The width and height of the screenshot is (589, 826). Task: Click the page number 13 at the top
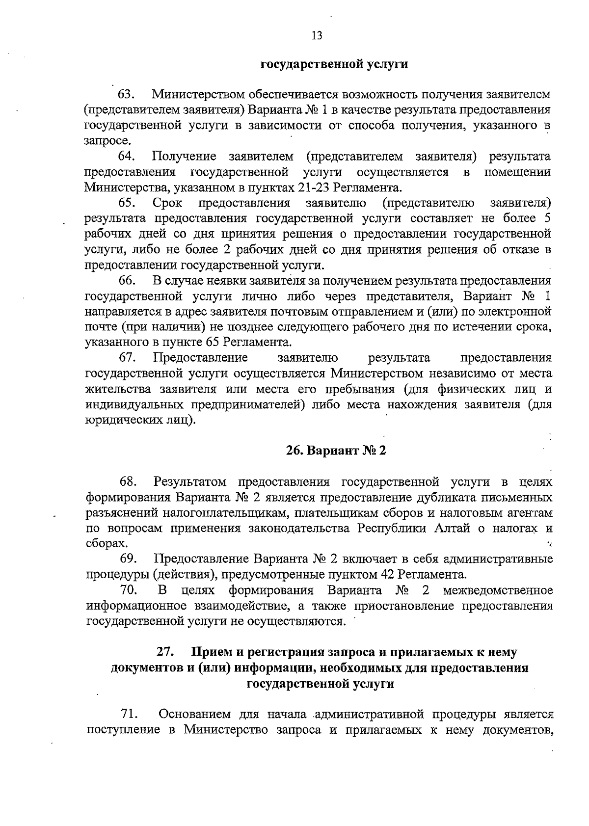coord(317,35)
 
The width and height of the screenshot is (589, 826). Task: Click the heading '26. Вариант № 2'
coord(337,451)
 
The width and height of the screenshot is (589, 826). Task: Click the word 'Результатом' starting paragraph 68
coord(192,482)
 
